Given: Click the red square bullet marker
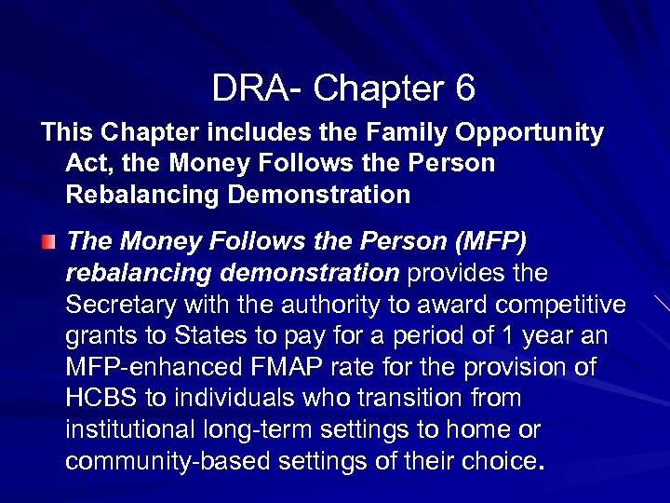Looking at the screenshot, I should pos(47,243).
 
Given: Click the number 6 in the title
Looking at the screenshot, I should pos(464,88).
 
